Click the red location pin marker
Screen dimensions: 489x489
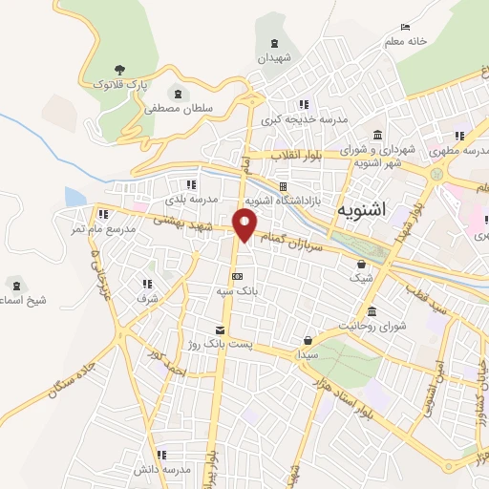tap(245, 226)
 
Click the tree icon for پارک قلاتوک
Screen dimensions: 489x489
tap(119, 69)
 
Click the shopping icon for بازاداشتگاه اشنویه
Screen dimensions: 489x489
tap(283, 186)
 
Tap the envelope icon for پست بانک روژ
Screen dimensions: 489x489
tap(220, 328)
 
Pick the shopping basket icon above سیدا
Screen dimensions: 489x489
tap(307, 339)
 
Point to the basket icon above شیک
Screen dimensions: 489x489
tap(361, 265)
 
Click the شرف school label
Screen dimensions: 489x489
tap(146, 299)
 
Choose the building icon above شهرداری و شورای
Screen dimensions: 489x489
tap(378, 133)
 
